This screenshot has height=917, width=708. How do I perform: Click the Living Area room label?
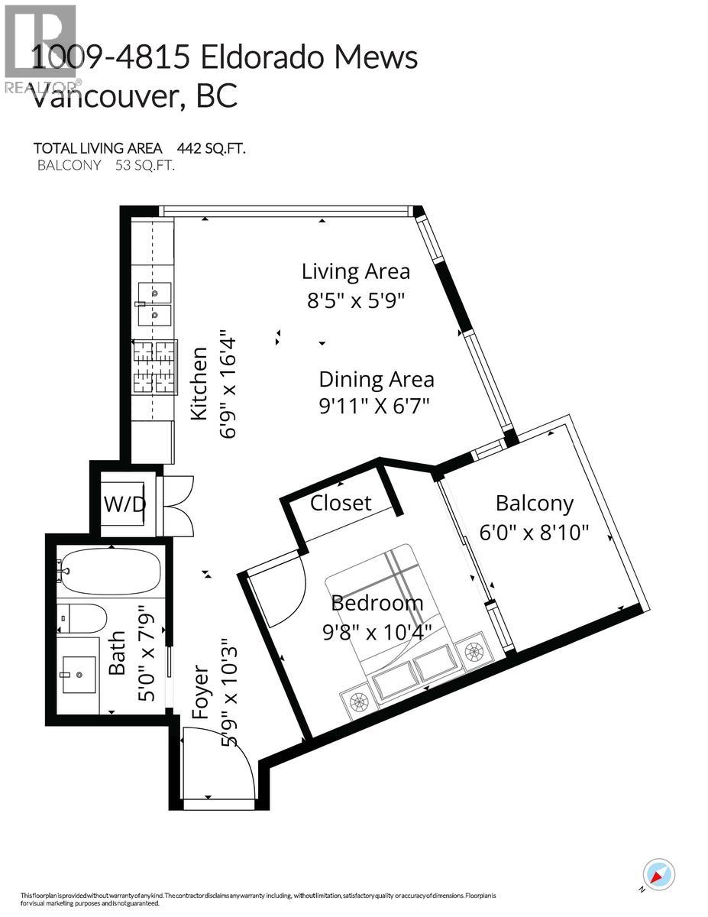355,271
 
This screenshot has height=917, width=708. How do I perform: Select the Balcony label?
534,503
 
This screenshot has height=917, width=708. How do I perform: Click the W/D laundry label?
124,505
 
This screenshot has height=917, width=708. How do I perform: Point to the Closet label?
341,502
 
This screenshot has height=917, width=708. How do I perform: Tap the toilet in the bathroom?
83,618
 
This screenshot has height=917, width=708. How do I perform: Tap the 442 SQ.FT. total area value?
212,148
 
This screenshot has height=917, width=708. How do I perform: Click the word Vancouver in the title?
99,96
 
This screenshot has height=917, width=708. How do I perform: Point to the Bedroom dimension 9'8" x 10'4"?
377,630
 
